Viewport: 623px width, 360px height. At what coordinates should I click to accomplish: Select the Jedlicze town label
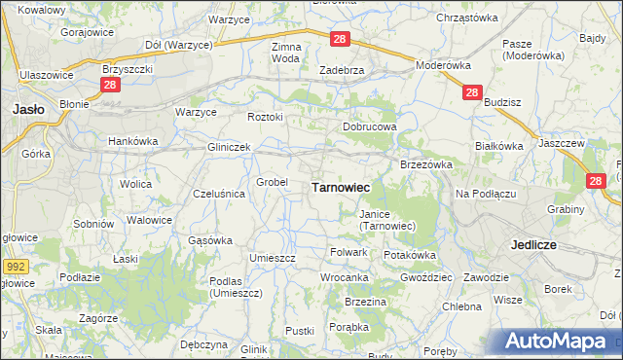(533, 245)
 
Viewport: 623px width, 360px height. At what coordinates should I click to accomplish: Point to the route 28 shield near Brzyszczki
(109, 86)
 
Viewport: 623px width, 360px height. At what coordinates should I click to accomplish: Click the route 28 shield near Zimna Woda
(339, 39)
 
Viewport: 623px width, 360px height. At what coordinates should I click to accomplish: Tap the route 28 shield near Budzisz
(471, 92)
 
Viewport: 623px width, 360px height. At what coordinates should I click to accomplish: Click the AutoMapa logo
(561, 342)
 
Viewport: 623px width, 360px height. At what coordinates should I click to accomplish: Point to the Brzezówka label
(426, 164)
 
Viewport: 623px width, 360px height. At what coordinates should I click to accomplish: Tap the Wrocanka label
(345, 277)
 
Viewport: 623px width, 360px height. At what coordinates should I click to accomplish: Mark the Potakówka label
(410, 255)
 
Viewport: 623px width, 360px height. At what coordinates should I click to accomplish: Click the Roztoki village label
(265, 117)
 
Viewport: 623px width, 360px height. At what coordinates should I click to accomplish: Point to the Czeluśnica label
(219, 194)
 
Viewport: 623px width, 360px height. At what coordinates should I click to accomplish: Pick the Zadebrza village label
(342, 70)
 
